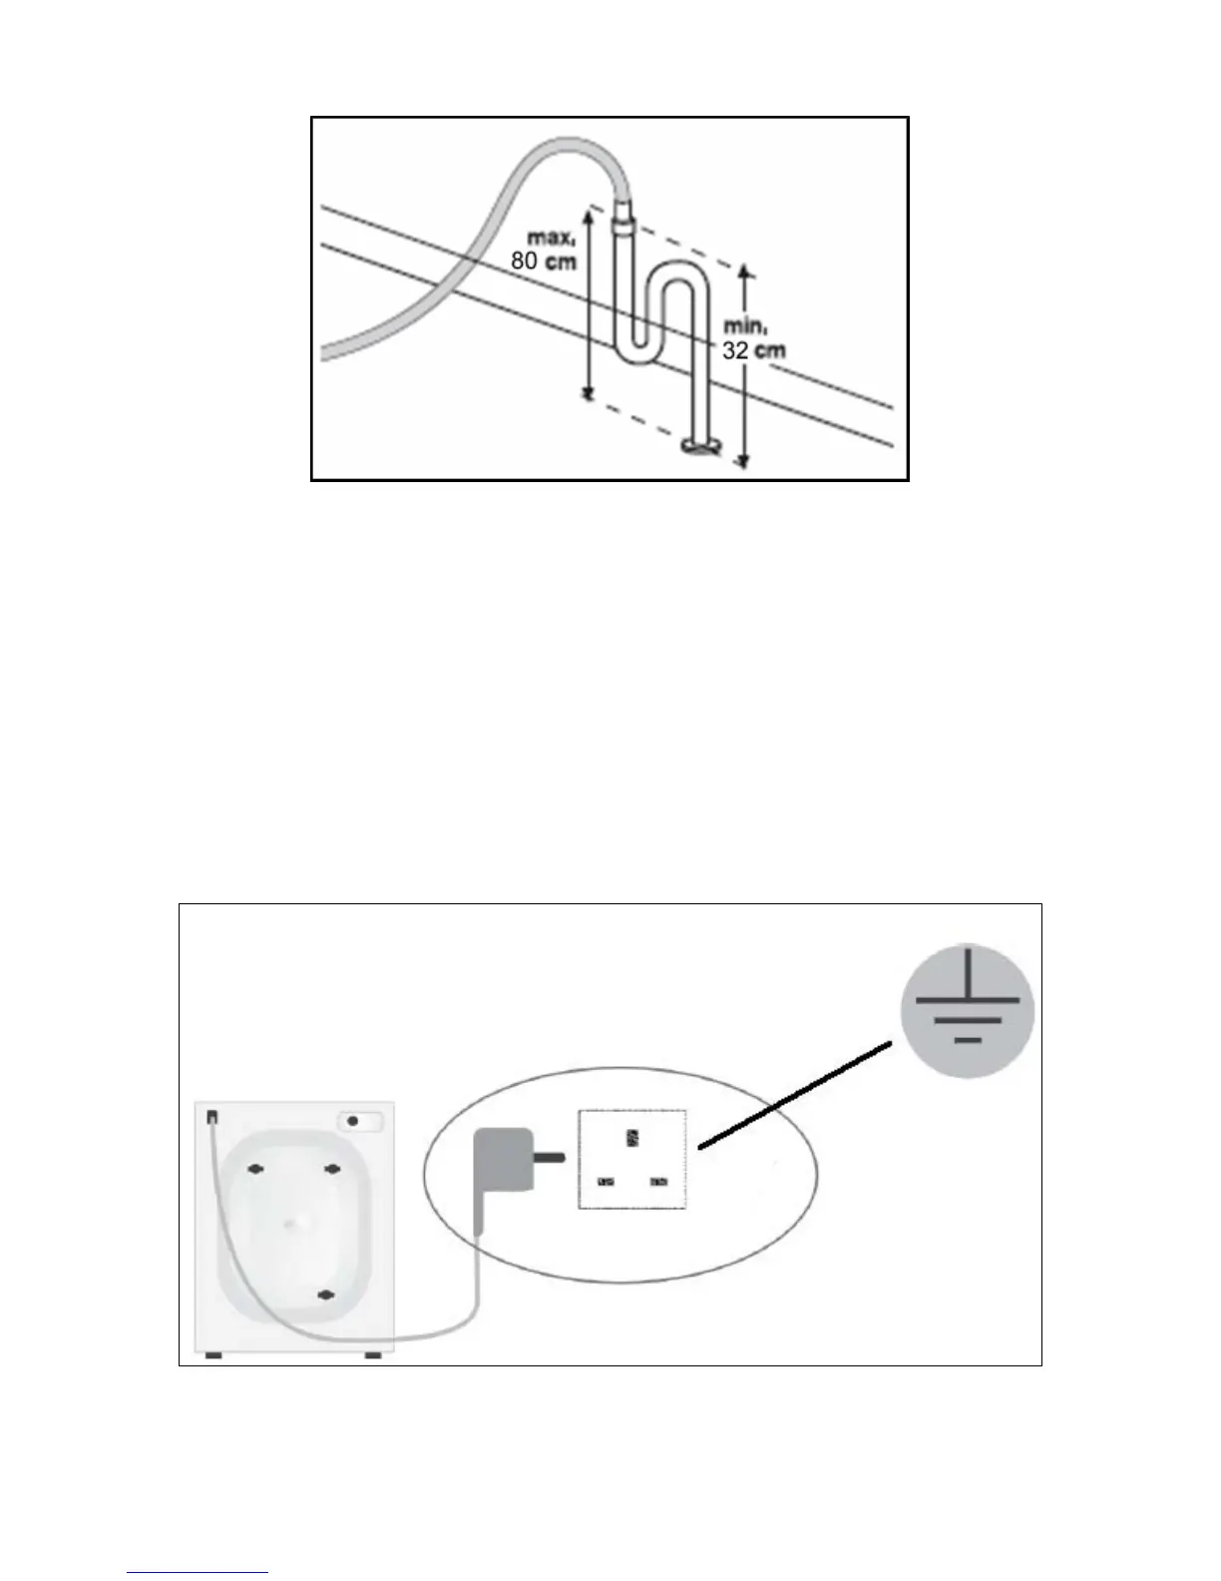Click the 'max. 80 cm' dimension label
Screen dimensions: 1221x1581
pos(545,251)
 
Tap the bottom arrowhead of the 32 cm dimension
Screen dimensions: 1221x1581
pos(743,461)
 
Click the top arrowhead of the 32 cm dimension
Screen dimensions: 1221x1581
pos(743,271)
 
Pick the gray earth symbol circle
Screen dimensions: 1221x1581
pos(967,1011)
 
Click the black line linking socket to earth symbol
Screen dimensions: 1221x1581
pos(794,1095)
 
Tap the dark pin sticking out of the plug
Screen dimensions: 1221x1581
pos(552,1159)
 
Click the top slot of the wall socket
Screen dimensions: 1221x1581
pos(631,1138)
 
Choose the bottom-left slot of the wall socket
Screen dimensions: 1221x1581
pos(606,1183)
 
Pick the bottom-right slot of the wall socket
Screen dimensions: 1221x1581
pos(658,1183)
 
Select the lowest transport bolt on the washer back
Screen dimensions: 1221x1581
pos(325,1296)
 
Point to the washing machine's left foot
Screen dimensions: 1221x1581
pos(212,1355)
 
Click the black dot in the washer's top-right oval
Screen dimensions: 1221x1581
pos(353,1121)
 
